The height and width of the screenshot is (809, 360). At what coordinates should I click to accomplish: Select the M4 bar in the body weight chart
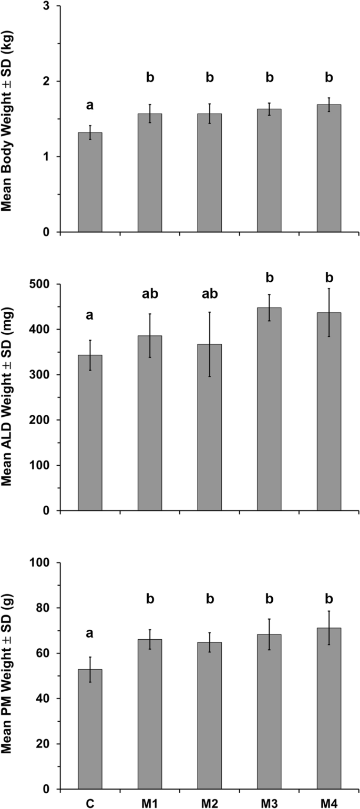click(329, 168)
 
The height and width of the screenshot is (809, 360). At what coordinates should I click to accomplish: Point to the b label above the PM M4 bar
click(329, 599)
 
